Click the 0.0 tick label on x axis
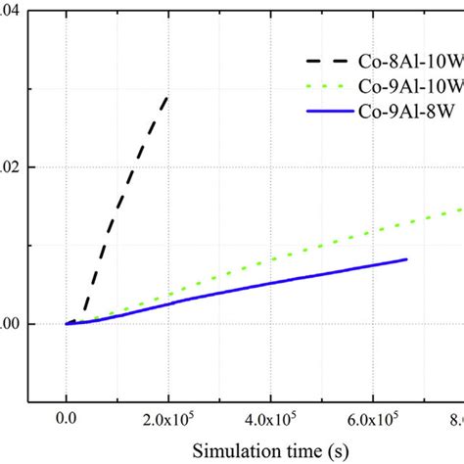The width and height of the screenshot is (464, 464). [x=67, y=419]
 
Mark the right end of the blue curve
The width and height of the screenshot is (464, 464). [x=406, y=258]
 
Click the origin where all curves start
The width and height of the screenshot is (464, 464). [x=67, y=324]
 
